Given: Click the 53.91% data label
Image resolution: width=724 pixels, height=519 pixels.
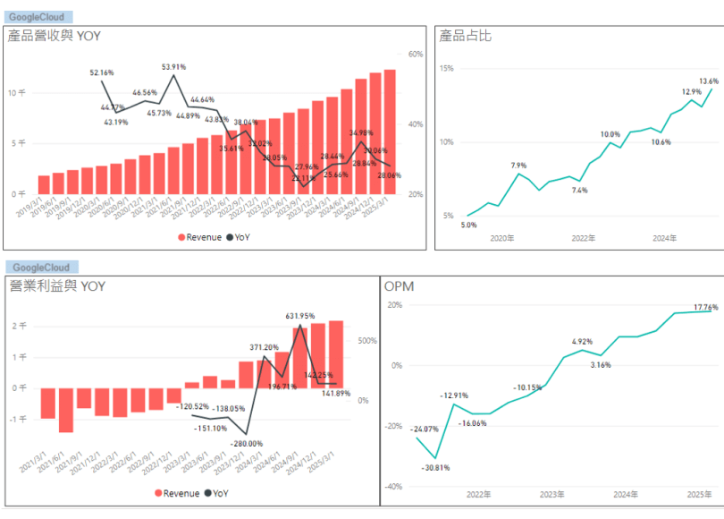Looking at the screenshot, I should [173, 67].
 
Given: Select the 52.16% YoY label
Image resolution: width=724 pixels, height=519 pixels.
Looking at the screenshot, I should [102, 72].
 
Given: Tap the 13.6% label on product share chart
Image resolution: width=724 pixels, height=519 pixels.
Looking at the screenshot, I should [708, 81].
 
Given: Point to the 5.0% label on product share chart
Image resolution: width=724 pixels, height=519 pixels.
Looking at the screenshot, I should [468, 225].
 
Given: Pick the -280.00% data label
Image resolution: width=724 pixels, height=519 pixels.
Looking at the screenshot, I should [247, 444].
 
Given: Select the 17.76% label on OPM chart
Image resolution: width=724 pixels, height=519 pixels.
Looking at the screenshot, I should [706, 307].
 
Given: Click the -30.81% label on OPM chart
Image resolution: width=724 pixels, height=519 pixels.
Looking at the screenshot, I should [436, 468].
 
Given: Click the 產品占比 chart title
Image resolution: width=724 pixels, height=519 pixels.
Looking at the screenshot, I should [465, 36].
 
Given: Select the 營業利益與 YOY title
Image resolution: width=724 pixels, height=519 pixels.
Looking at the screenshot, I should [56, 286].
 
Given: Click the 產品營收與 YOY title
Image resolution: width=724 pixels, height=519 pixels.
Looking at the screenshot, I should [55, 36].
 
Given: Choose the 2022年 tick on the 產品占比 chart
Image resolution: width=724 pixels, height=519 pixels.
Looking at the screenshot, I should [584, 238].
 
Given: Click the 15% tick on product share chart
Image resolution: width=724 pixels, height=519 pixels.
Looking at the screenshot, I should [446, 68].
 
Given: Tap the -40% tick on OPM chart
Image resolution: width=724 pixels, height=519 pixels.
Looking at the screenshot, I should [393, 487].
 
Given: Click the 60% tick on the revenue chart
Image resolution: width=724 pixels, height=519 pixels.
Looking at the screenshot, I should [415, 55].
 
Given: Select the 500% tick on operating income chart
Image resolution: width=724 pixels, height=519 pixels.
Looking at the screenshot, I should [366, 341].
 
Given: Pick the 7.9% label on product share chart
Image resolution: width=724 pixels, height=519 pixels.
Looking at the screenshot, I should [518, 166].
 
